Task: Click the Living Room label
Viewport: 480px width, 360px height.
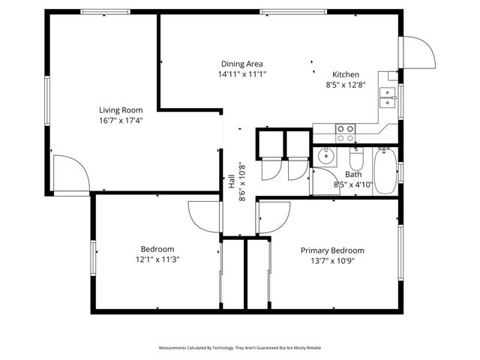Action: [121, 109]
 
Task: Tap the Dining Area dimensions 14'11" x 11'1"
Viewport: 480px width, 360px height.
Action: [241, 74]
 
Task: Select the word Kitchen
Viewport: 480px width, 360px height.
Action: [346, 74]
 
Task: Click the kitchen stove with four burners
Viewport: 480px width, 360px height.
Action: [345, 133]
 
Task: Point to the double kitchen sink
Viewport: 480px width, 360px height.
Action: [388, 94]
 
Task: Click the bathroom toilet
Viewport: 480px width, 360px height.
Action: [357, 159]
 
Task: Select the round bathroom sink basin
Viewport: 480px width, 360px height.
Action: [325, 157]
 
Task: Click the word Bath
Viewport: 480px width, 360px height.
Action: [353, 174]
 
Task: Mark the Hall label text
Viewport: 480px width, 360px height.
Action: [232, 182]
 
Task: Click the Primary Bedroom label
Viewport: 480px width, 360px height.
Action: [332, 250]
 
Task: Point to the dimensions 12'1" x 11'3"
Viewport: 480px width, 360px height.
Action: [157, 259]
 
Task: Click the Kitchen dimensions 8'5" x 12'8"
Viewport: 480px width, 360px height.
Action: [346, 85]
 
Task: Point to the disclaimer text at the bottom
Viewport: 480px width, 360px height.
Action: [239, 348]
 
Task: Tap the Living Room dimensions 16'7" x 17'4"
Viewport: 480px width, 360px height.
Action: [121, 120]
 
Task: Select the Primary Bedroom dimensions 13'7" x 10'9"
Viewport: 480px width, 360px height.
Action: [332, 261]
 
